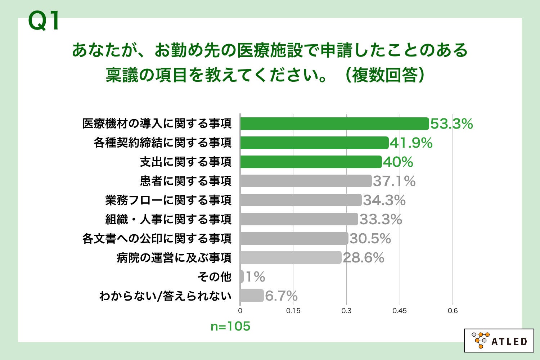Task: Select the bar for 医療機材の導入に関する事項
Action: point(334,123)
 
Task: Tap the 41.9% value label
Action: point(411,143)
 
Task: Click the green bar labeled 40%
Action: point(311,162)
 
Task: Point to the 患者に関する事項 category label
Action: point(185,181)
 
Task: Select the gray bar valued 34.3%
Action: point(301,200)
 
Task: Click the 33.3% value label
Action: point(381,219)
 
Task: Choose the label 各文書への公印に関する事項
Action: point(157,238)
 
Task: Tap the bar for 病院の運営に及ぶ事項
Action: point(291,257)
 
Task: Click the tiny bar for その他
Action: point(242,276)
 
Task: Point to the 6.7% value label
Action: point(281,296)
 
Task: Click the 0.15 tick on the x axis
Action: point(293,311)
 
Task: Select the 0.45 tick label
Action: point(400,311)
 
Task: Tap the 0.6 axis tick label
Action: point(453,311)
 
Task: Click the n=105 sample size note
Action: point(230,326)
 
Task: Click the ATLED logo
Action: point(499,340)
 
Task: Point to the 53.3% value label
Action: point(451,124)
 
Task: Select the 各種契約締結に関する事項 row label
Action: point(162,143)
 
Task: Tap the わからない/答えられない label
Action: point(165,296)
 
